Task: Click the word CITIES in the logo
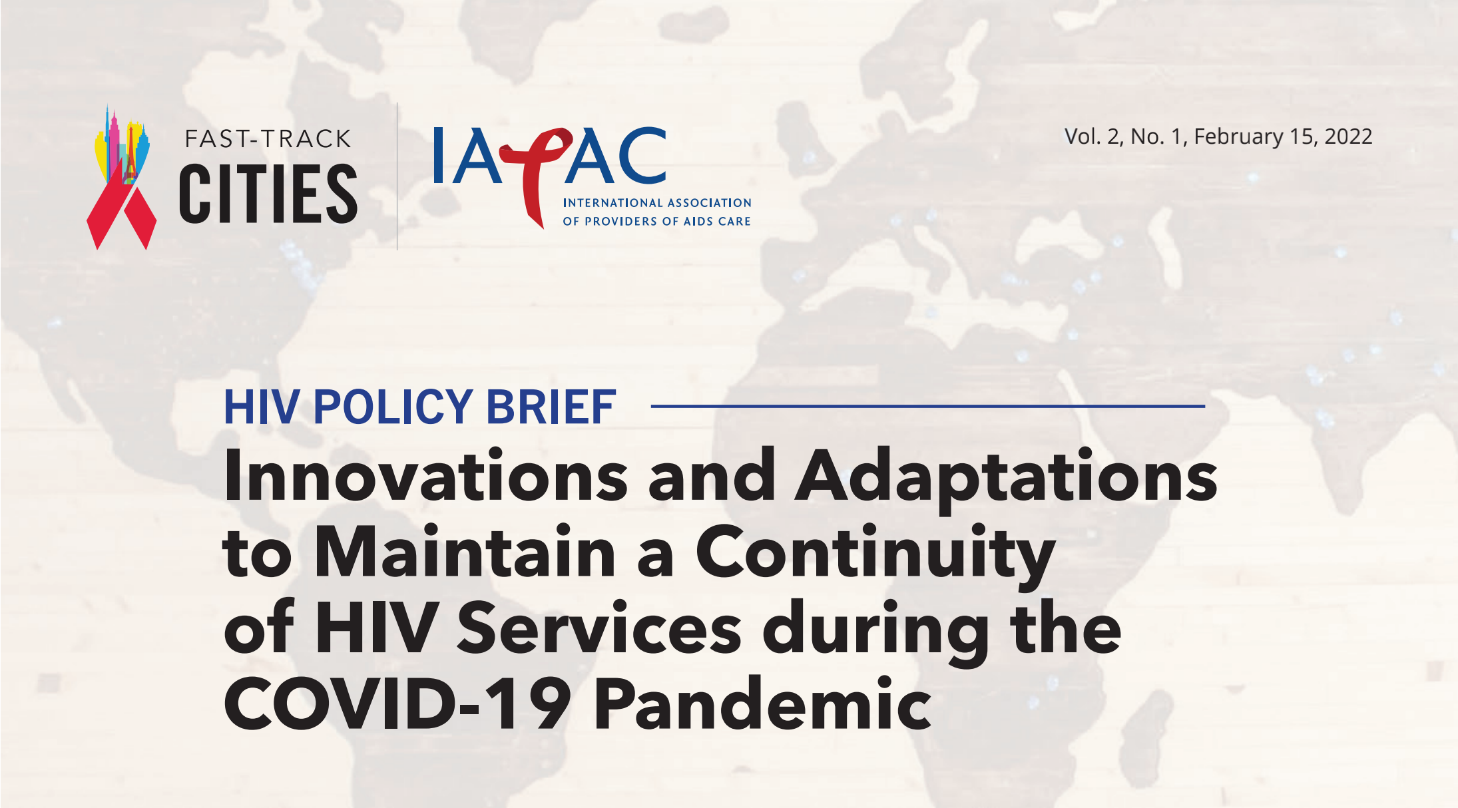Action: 268,194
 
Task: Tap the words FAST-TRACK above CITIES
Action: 268,139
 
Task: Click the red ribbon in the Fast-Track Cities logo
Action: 122,203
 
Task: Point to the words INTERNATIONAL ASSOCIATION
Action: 657,203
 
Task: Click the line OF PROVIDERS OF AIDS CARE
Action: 656,222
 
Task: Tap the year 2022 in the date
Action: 1348,136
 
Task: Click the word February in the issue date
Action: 1238,137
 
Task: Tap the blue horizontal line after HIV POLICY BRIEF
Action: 928,406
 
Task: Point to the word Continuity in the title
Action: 875,556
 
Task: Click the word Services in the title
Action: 599,628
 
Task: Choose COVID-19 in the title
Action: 397,704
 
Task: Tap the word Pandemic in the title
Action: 763,703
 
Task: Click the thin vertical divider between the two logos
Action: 397,176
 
